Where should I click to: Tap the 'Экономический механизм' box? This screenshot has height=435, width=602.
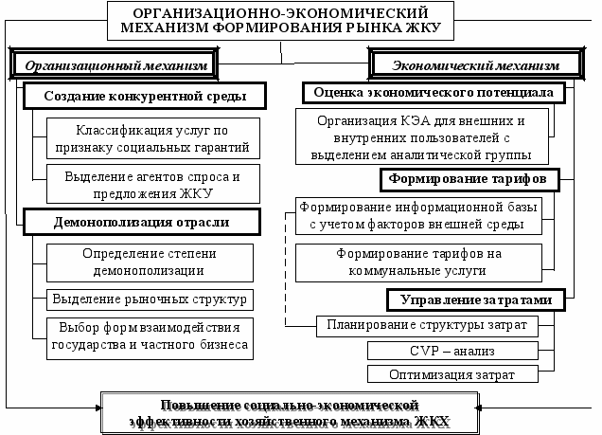click(x=475, y=65)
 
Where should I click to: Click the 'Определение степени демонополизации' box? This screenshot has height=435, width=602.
click(x=150, y=262)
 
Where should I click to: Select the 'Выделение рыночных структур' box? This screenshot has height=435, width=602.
click(x=150, y=299)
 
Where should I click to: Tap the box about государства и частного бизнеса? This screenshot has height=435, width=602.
click(x=150, y=335)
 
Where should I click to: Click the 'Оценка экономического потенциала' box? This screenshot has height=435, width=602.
click(x=434, y=93)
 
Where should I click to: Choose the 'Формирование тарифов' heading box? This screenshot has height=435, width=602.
click(x=469, y=178)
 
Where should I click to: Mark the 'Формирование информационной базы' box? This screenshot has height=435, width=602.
click(x=417, y=215)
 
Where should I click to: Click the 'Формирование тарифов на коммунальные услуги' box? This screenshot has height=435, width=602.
click(x=417, y=262)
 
